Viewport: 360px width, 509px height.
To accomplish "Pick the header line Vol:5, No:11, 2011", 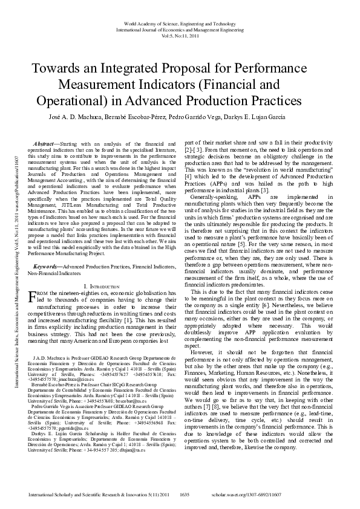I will click(x=180, y=36).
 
